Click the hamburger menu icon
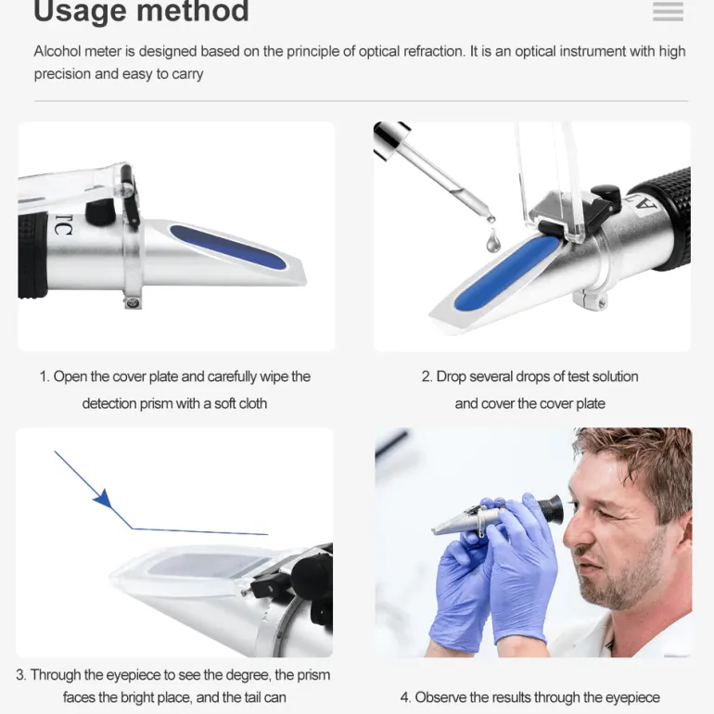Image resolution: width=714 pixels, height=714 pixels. [668, 11]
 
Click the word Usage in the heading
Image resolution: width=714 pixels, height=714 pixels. [80, 11]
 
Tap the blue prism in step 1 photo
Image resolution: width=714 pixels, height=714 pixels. [228, 247]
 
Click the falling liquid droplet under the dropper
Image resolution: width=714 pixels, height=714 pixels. [492, 241]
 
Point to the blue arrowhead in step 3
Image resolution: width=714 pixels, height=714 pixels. [103, 499]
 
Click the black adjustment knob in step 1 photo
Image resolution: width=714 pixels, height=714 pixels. [100, 211]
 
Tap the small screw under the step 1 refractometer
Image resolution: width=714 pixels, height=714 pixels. [133, 302]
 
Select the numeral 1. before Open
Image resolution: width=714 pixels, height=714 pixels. [45, 376]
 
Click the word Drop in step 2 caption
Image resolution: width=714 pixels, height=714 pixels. [451, 376]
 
